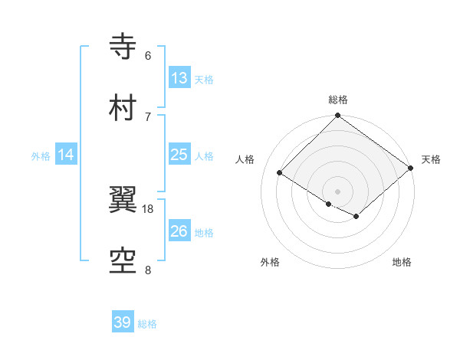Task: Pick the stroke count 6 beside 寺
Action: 148,55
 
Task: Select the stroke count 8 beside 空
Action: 148,270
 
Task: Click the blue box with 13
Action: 179,78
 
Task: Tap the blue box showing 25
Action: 179,155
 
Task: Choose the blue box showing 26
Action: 179,231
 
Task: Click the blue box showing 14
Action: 66,155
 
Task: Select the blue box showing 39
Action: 122,322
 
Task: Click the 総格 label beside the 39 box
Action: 147,324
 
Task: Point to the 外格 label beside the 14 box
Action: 41,155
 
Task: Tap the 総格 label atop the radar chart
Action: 338,100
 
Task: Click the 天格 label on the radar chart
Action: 431,159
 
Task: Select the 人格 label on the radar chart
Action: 245,159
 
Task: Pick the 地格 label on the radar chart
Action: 402,263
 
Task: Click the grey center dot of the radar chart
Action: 337,191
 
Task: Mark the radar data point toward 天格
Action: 412,168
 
